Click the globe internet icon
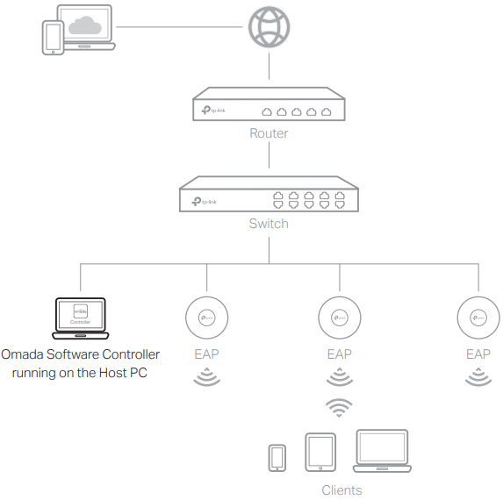[269, 26]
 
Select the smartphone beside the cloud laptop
[54, 39]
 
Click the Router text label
[269, 134]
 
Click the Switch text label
[269, 224]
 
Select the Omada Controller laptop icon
[80, 318]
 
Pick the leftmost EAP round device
[207, 317]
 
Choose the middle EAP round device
[339, 317]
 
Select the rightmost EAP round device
[478, 317]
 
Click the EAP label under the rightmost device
[478, 354]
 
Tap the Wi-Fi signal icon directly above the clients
[339, 408]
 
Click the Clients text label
[341, 489]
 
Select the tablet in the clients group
[320, 453]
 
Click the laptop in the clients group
[382, 452]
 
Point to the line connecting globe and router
[269, 68]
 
